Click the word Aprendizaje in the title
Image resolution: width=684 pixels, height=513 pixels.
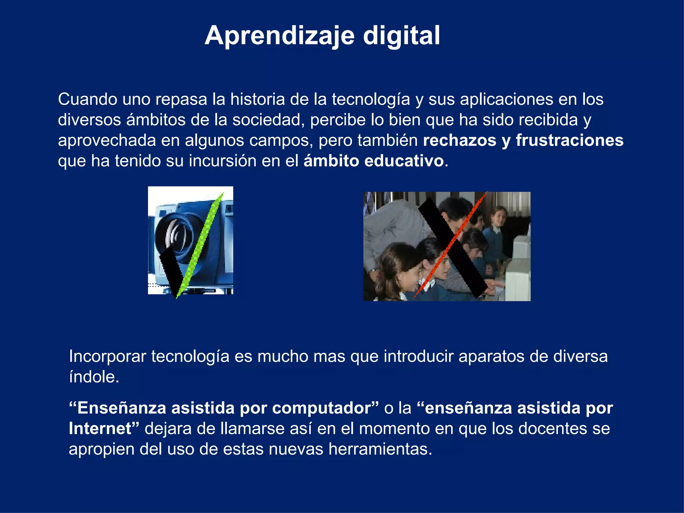pos(280,36)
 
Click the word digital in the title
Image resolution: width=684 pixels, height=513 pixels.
pos(401,36)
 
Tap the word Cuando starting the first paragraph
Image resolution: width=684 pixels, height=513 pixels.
pos(88,100)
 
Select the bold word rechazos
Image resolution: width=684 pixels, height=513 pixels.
pos(460,140)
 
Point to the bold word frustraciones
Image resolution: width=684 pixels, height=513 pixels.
pos(569,140)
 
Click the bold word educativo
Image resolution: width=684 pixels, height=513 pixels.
pos(404,161)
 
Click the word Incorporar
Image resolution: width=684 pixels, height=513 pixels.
pos(108,356)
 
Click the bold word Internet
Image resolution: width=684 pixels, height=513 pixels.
pos(100,429)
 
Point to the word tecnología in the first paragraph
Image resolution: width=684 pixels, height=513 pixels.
pos(371,100)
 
